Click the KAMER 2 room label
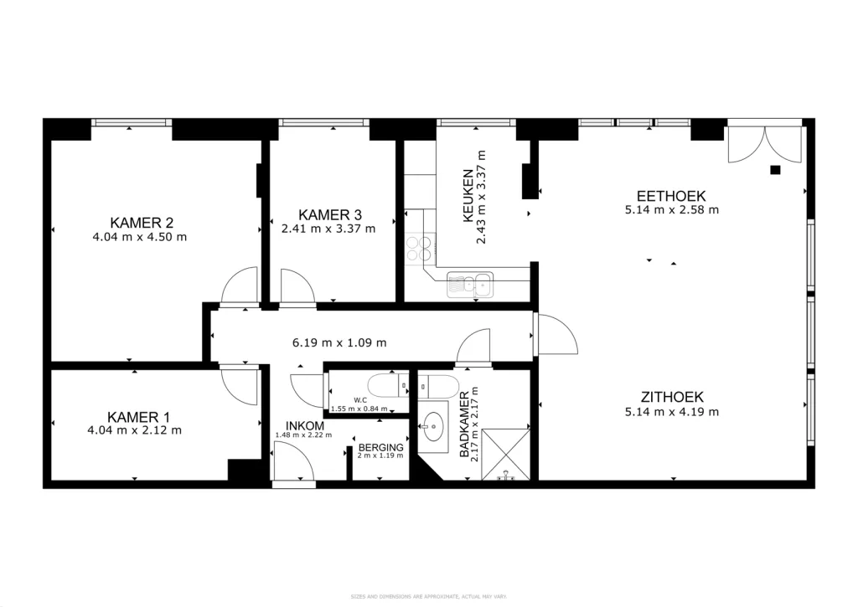coord(142,223)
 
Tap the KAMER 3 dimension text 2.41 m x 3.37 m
coord(328,229)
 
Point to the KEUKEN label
coord(468,196)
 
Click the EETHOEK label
coord(671,196)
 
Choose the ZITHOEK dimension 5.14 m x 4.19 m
coord(672,412)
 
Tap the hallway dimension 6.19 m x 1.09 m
coord(339,343)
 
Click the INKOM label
coord(305,426)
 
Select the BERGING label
coord(381,447)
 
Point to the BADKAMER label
coord(464,424)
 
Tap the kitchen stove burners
coord(419,249)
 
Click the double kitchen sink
coord(470,285)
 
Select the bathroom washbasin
coord(434,426)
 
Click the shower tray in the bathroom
coord(505,455)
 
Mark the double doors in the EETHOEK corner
coord(765,144)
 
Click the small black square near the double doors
coord(775,170)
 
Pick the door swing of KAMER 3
coord(297,285)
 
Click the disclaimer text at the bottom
coord(429,597)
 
